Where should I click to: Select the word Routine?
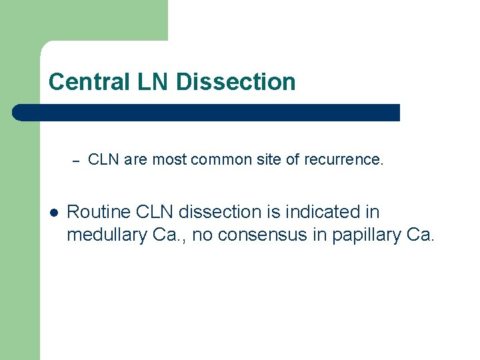point(99,213)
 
